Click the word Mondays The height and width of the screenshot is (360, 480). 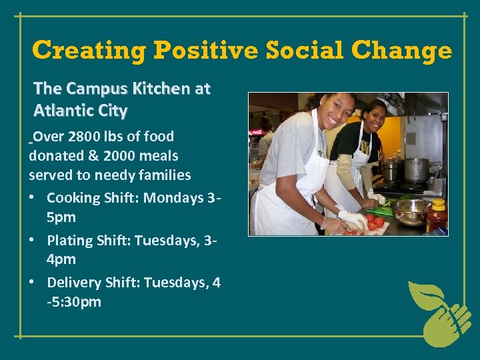(x=173, y=198)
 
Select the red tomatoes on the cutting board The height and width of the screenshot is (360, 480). (x=374, y=222)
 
